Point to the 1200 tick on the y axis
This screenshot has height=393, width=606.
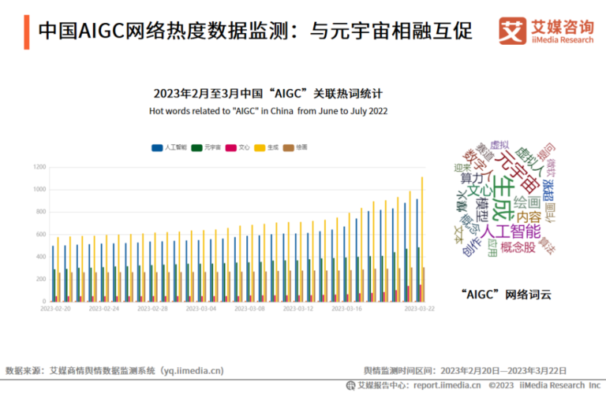point(39,167)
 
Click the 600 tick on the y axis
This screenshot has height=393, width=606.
point(41,234)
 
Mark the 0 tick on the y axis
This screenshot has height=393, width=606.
point(45,301)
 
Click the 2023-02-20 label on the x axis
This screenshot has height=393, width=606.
point(56,309)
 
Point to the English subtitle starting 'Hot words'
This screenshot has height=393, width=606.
point(268,111)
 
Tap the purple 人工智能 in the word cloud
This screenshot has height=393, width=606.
point(511,231)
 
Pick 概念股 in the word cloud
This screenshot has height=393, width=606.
point(518,247)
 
